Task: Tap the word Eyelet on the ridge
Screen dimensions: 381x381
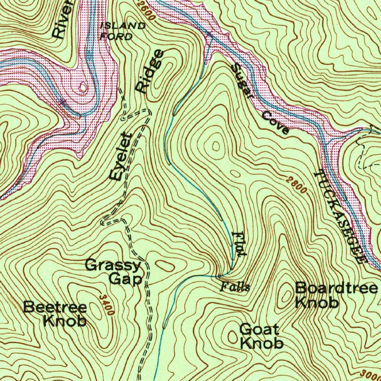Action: [x=121, y=157]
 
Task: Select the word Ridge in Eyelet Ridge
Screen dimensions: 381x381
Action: [x=150, y=71]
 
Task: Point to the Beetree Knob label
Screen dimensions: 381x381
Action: [x=56, y=314]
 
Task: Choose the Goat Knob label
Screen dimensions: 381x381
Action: [x=260, y=336]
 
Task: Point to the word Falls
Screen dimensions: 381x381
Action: [x=234, y=287]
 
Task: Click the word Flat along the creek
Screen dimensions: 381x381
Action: [x=238, y=244]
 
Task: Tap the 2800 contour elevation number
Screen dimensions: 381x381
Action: [x=297, y=185]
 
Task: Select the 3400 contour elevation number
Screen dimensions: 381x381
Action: [x=106, y=304]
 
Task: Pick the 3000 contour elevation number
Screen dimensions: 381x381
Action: [x=370, y=374]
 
